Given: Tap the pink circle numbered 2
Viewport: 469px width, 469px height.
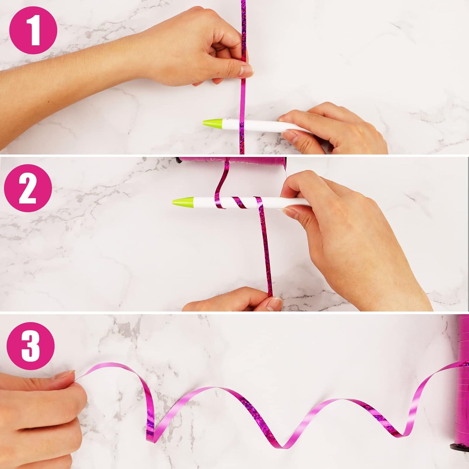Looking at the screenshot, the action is (28, 189).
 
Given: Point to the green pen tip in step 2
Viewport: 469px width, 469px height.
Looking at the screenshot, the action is (183, 201).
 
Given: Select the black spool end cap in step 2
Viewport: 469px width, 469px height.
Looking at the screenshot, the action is (178, 160).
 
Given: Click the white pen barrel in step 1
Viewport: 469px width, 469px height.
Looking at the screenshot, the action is (269, 125).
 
